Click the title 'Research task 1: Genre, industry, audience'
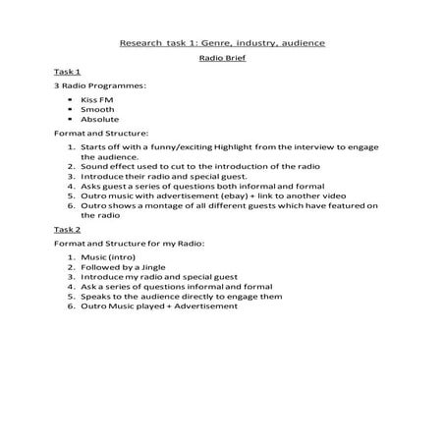click(222, 43)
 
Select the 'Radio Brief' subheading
click(222, 58)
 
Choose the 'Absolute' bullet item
click(100, 119)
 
